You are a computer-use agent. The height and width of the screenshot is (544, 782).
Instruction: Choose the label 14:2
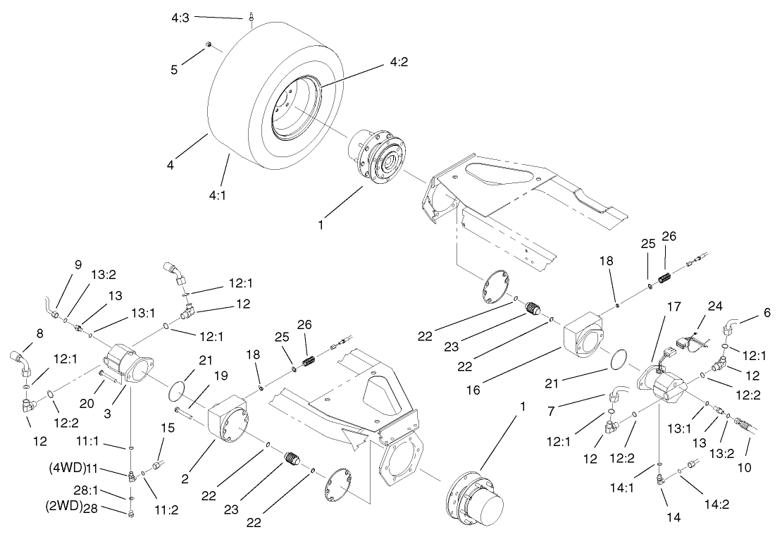717,504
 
